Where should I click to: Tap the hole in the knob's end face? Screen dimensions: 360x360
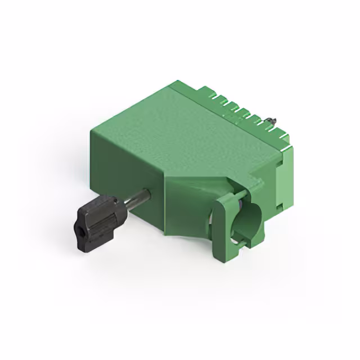pos(80,231)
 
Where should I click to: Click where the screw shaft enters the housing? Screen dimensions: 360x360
pos(148,194)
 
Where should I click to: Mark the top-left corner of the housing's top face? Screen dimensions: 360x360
pos(92,131)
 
